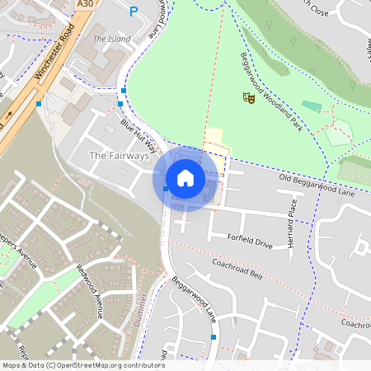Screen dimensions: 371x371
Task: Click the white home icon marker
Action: (185, 177)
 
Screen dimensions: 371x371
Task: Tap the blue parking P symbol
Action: (134, 12)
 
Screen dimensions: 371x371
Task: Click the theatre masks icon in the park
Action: (248, 98)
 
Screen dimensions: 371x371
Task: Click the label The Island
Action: (111, 39)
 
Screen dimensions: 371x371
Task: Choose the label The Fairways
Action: (119, 155)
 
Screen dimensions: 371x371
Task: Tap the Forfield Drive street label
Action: (249, 244)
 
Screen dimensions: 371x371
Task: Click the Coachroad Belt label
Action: (237, 270)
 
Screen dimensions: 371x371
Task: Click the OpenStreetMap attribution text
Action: (83, 364)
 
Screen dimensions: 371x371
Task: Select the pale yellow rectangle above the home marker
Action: (214, 137)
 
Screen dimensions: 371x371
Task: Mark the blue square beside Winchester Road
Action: (39, 104)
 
